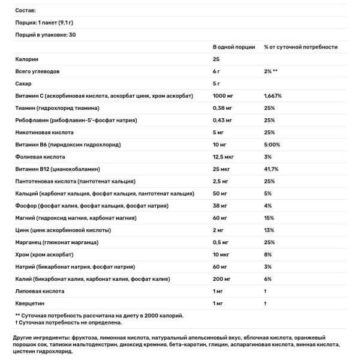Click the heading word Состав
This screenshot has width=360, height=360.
coord(26,10)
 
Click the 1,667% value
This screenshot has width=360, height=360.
coord(274,96)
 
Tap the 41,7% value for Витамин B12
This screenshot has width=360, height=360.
coord(272,169)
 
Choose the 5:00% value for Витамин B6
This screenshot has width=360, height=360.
coord(273,145)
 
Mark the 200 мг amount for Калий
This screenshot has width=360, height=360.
coord(223,278)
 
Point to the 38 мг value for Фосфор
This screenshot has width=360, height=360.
coord(221,206)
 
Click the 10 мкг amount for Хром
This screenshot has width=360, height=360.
coord(223,254)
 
